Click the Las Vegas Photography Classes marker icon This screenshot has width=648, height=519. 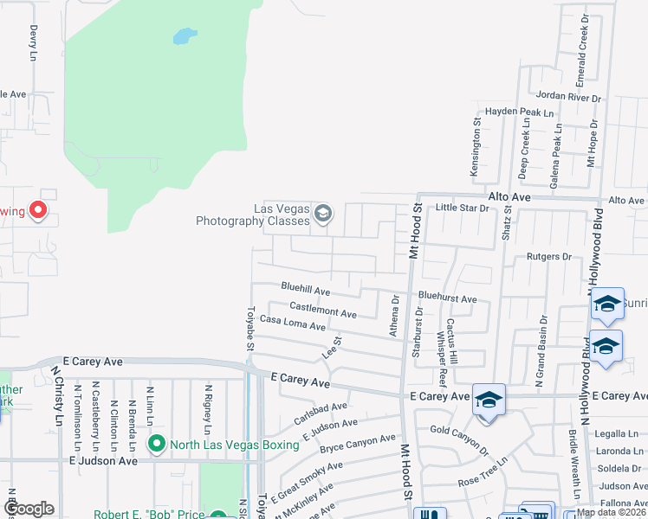(x=323, y=213)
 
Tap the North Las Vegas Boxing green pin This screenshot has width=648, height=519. (x=157, y=445)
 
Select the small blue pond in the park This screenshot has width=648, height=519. (x=184, y=36)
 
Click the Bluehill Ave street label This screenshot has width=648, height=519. (x=306, y=288)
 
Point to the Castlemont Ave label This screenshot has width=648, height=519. (x=323, y=308)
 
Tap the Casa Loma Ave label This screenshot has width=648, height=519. (x=293, y=323)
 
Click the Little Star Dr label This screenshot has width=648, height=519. (x=462, y=208)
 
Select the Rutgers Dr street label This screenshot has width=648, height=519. (x=549, y=257)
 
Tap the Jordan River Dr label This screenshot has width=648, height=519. (x=568, y=95)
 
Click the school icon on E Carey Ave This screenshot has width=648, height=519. (x=489, y=399)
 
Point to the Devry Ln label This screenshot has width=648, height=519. (x=34, y=42)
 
